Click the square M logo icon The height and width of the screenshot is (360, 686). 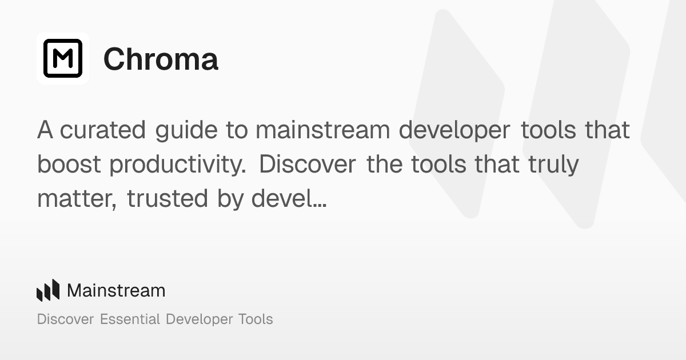(63, 58)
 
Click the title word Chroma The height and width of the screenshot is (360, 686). (161, 59)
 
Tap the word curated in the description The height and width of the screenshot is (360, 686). (103, 130)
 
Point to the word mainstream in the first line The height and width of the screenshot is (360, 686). (323, 130)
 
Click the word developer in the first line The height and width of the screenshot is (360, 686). (454, 130)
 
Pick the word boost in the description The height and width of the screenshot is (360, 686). (70, 165)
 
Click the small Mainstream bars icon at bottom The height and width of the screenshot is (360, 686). (48, 290)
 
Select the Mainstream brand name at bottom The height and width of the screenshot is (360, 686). (116, 290)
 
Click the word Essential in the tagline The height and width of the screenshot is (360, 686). (130, 319)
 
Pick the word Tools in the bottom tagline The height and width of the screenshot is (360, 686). (255, 319)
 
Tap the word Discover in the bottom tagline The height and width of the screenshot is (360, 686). (66, 319)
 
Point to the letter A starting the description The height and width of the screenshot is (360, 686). (45, 130)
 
